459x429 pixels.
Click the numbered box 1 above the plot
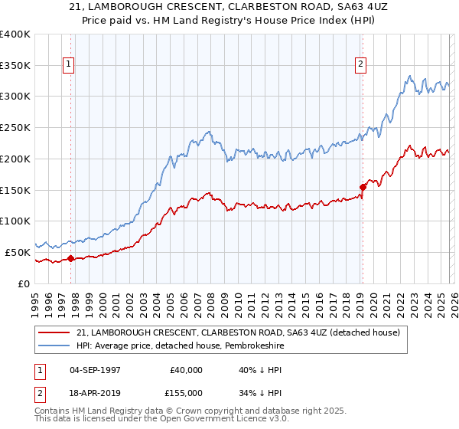click(70, 65)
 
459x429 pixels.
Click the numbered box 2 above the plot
click(360, 65)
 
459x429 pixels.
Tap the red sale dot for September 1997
click(70, 258)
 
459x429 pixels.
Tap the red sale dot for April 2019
click(363, 186)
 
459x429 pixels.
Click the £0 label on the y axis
click(24, 283)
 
